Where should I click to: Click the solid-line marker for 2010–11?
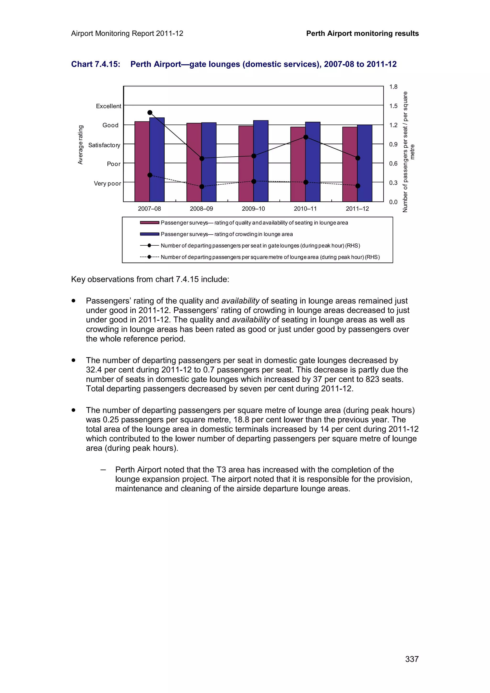click(306, 137)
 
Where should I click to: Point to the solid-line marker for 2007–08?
click(150, 113)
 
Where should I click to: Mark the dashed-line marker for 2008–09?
click(202, 187)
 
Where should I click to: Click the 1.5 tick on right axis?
click(393, 106)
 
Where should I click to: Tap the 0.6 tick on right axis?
click(393, 164)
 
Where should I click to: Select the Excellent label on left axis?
click(108, 106)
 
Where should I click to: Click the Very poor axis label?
click(107, 183)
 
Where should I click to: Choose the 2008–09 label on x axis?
click(201, 209)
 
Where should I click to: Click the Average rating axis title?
click(80, 145)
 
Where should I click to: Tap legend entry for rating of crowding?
click(226, 234)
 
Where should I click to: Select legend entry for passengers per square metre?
click(270, 257)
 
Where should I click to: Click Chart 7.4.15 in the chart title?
click(95, 64)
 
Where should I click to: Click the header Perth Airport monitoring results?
click(362, 33)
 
